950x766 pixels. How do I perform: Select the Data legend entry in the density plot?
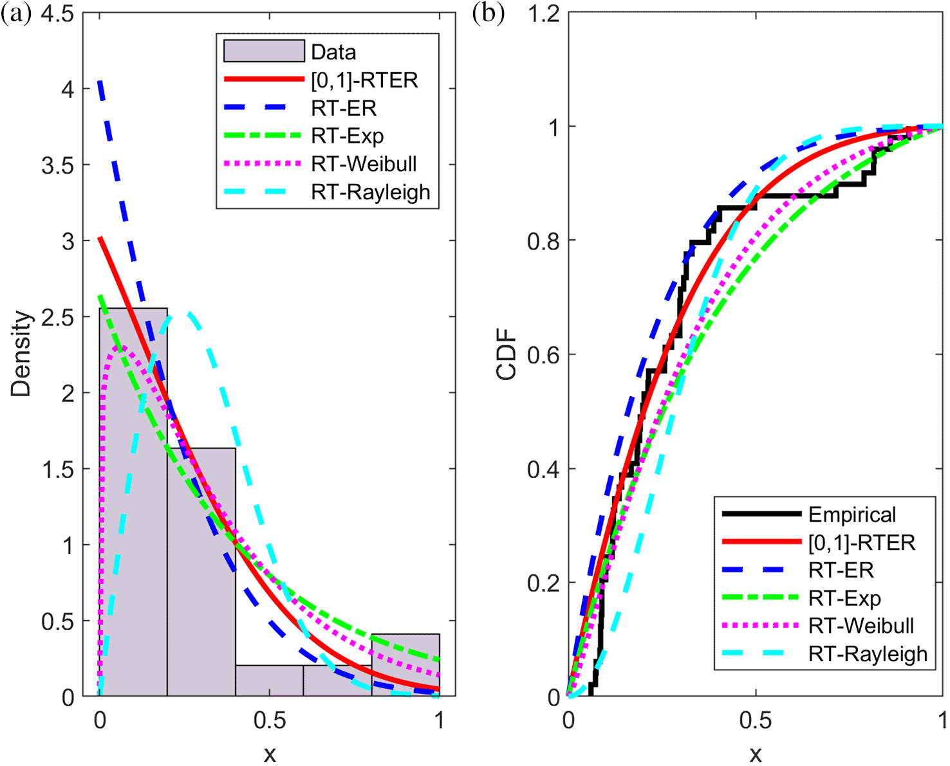333,52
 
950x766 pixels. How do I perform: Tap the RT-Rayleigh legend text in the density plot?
371,192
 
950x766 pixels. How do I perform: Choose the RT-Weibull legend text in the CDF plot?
861,625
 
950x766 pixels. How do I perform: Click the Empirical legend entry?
852,515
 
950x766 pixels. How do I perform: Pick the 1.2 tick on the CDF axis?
543,14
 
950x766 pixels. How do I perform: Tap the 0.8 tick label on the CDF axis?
543,241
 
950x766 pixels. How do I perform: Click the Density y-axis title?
21,354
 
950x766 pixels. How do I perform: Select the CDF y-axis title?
507,354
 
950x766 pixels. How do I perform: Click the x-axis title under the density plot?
270,753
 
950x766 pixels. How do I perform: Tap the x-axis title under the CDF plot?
756,753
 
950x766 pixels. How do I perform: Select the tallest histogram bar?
133,502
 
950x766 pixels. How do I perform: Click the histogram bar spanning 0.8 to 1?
405,666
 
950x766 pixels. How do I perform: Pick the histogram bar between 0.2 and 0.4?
201,572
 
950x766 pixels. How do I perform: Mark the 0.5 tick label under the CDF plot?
756,720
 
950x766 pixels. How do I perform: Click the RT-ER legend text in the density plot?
344,108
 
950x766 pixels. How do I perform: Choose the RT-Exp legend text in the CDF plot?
844,598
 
